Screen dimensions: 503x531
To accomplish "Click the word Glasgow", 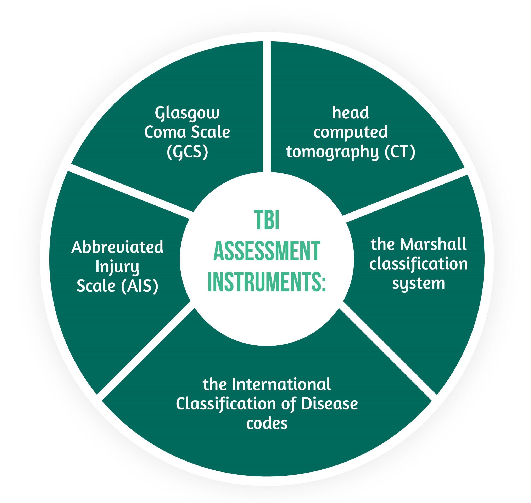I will pyautogui.click(x=187, y=113).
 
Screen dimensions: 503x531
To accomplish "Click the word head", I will pyautogui.click(x=350, y=113).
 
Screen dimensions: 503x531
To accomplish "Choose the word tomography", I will pyautogui.click(x=332, y=152).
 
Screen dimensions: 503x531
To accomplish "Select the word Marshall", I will pyautogui.click(x=433, y=244).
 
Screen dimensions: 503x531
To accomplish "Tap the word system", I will pyautogui.click(x=418, y=283).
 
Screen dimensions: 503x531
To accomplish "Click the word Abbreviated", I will pyautogui.click(x=117, y=247).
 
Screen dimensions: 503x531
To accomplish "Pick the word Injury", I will pyautogui.click(x=117, y=267).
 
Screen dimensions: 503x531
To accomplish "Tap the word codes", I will pyautogui.click(x=267, y=423).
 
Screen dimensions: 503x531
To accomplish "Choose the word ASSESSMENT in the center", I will pyautogui.click(x=267, y=251).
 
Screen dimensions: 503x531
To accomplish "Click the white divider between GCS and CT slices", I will pyautogui.click(x=267, y=107).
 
